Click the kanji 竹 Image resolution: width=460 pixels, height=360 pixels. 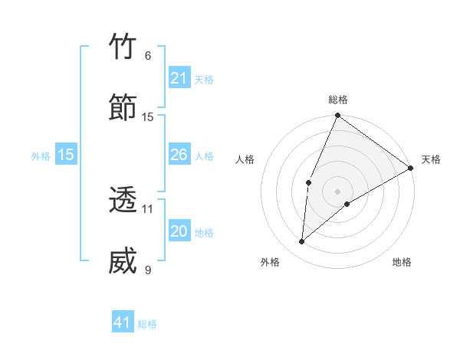123,47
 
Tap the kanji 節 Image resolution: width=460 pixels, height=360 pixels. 123,108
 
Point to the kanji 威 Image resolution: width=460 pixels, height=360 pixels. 123,261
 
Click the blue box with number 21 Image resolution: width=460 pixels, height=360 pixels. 179,78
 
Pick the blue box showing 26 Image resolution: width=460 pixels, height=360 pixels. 179,155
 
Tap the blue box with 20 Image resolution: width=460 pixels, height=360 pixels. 179,231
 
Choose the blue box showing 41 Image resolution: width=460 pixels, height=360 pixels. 123,322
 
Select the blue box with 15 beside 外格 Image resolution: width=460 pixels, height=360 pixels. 66,155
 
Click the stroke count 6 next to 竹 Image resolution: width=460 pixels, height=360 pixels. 148,56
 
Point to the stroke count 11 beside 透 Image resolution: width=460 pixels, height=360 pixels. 148,208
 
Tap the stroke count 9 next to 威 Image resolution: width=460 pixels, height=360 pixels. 148,270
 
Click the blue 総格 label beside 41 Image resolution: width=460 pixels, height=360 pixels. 147,324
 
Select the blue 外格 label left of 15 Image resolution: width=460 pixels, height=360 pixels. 41,156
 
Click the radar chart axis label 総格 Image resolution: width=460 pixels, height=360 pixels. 338,100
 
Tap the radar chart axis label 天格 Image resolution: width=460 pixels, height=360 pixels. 431,159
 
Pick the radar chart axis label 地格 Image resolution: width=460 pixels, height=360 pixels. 402,262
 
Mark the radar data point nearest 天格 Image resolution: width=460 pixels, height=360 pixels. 411,169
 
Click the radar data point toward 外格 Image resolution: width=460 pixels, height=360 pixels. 302,242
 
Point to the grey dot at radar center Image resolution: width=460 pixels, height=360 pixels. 338,191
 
